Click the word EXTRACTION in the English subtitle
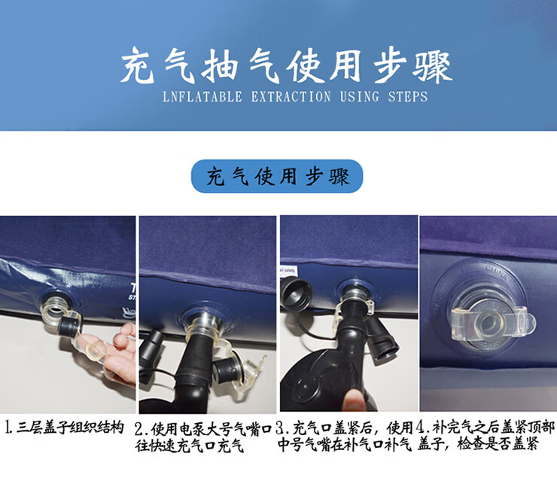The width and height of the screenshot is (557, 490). click(291, 96)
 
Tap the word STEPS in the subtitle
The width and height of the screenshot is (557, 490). click(408, 96)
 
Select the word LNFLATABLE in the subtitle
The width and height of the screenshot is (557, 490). click(202, 96)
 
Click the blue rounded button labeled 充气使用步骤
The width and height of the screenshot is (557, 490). click(277, 176)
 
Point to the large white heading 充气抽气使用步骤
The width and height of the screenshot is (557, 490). click(286, 65)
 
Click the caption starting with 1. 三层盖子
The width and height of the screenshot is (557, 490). click(65, 427)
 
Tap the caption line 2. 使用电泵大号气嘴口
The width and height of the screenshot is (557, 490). click(203, 429)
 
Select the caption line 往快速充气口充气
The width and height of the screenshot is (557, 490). click(190, 446)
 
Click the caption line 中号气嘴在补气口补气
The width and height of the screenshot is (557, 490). click(344, 444)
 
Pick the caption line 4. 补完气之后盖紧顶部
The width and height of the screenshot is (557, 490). click(485, 428)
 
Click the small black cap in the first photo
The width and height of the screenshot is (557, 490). click(69, 324)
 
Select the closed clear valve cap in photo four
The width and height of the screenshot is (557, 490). click(493, 322)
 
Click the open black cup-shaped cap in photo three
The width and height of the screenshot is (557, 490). click(297, 292)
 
